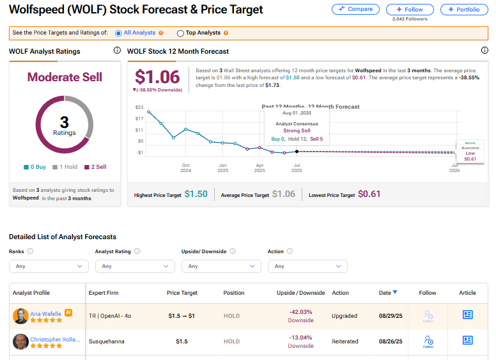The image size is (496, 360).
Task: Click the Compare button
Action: click(x=355, y=9)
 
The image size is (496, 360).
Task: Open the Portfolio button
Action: click(x=464, y=10)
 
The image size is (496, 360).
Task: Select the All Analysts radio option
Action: click(x=118, y=33)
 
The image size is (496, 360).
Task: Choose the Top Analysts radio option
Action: click(x=180, y=33)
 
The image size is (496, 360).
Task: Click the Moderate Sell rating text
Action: click(x=65, y=77)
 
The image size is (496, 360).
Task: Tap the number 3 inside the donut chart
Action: click(x=64, y=121)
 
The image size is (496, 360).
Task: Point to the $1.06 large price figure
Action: click(x=157, y=77)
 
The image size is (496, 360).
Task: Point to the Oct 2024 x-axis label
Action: click(x=185, y=168)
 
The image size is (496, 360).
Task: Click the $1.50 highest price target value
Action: click(x=196, y=194)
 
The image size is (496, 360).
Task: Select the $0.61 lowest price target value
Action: click(x=369, y=194)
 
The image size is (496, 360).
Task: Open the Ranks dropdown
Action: click(x=49, y=266)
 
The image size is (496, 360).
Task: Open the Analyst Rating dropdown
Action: click(x=135, y=266)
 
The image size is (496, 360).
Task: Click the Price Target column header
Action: click(x=182, y=293)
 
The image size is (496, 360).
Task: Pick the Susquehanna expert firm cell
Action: click(x=106, y=341)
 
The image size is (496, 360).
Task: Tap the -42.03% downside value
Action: click(x=300, y=312)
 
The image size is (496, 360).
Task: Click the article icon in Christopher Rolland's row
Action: click(x=468, y=340)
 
